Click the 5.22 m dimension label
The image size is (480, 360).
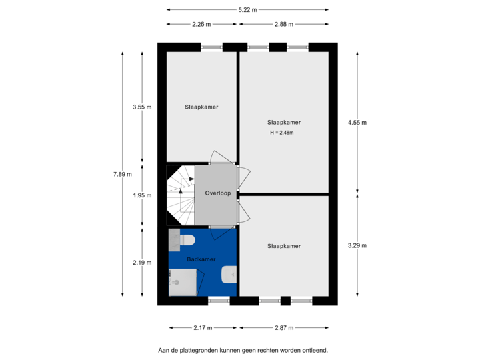click(247, 9)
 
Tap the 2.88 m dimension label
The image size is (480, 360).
click(284, 24)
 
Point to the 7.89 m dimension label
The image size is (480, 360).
click(123, 174)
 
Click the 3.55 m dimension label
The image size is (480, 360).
click(142, 107)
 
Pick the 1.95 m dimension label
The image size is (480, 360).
click(142, 195)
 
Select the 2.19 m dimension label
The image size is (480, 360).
click(142, 263)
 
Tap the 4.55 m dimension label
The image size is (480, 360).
click(357, 122)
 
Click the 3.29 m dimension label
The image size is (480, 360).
click(357, 245)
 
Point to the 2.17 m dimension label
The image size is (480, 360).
click(203, 327)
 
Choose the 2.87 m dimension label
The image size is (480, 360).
click(284, 327)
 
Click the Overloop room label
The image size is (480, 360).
click(218, 193)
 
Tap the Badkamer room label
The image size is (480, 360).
click(201, 259)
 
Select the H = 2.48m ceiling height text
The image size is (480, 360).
click(282, 133)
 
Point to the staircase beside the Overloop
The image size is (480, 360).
click(180, 196)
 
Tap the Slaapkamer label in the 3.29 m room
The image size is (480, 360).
click(284, 246)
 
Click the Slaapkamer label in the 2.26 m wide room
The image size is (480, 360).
click(201, 107)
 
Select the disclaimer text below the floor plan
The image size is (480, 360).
click(243, 349)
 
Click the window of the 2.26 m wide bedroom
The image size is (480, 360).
click(212, 47)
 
